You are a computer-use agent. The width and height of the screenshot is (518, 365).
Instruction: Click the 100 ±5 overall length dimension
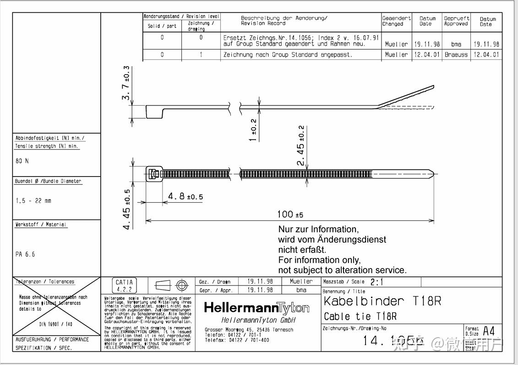[x=290, y=215]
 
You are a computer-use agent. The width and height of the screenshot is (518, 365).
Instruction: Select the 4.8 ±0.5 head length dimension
[x=185, y=197]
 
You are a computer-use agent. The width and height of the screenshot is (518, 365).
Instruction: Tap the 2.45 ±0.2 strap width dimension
[x=301, y=145]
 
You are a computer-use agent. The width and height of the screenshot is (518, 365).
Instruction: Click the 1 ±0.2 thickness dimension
[x=253, y=130]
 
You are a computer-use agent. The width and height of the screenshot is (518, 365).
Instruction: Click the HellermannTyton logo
[x=256, y=308]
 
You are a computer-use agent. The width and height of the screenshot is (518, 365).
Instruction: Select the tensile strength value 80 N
[x=22, y=161]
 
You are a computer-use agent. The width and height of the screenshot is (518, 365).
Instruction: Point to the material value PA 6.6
[x=25, y=254]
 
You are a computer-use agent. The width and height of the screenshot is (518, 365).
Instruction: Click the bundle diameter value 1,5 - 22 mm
[x=33, y=201]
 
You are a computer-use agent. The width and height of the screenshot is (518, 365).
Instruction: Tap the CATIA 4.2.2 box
[x=124, y=286]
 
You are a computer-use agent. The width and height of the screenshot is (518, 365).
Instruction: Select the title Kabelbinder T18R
[x=382, y=301]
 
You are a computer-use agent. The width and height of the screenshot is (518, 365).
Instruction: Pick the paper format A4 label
[x=489, y=331]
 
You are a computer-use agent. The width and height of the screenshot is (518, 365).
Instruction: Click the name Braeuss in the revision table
[x=456, y=54]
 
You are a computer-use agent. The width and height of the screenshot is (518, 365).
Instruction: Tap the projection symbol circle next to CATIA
[x=182, y=286]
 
